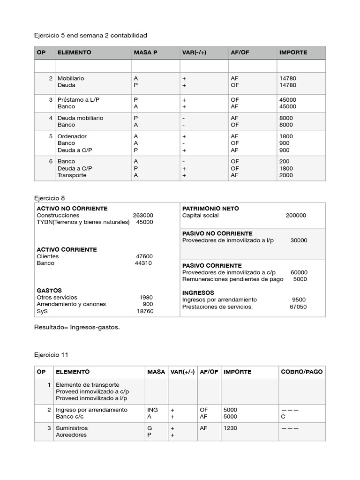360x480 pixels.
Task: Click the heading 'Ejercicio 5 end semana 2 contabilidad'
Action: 90,35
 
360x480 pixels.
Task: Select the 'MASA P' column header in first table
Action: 145,52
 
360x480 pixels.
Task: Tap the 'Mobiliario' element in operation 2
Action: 70,78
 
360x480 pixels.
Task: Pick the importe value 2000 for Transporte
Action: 285,175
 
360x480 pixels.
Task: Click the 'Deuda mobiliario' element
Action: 80,118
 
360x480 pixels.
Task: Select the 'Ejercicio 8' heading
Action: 50,198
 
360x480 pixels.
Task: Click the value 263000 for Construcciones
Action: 142,216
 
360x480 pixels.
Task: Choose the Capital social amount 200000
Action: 296,216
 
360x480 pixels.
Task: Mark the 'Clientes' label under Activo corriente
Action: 48,256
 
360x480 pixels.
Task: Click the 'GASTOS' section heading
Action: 49,291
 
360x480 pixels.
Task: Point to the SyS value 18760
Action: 145,311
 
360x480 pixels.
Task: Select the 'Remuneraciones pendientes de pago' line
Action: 232,279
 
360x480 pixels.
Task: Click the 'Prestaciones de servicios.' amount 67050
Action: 298,307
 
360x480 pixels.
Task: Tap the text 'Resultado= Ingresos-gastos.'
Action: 77,327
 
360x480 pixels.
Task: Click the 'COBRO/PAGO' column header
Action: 301,372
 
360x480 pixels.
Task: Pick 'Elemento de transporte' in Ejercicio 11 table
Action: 87,385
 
